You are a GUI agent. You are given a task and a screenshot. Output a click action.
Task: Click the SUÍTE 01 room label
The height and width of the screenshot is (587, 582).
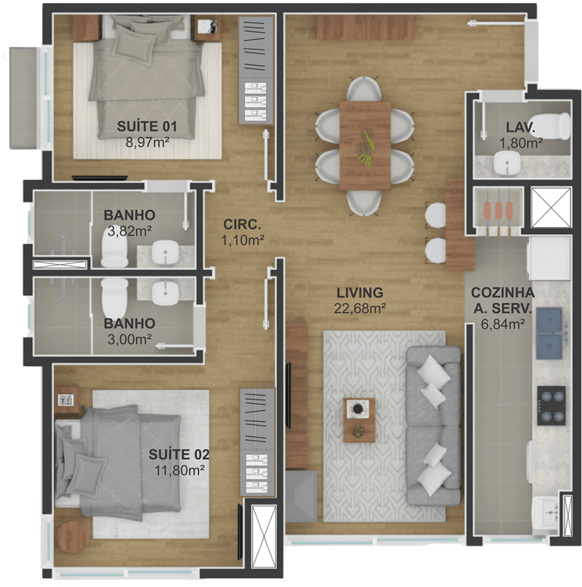147,127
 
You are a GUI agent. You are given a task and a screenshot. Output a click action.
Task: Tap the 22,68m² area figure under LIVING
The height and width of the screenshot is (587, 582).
360,309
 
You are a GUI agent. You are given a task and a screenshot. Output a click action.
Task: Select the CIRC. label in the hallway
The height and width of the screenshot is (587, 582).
242,225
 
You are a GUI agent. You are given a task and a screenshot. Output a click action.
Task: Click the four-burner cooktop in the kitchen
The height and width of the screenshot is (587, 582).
551,405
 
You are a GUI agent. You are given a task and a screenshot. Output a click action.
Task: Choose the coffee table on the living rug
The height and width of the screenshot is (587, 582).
359,420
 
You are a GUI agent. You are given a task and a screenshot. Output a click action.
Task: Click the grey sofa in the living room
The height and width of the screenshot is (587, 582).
433,425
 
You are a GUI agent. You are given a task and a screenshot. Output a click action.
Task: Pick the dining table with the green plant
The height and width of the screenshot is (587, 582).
365,146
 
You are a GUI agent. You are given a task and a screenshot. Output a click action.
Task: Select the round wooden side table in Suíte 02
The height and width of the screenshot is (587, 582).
72,537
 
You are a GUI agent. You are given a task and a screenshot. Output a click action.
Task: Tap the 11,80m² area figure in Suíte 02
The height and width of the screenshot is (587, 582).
180,470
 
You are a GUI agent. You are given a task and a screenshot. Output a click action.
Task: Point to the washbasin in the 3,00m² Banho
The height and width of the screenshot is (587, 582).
165,293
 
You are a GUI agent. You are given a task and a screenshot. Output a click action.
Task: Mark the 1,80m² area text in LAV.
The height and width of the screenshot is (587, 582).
521,142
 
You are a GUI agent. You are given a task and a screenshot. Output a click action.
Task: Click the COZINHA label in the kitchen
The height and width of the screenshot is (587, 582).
502,293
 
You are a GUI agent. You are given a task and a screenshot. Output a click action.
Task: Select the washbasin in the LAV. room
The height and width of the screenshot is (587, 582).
507,164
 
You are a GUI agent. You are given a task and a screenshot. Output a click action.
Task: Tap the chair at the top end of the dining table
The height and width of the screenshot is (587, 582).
364,89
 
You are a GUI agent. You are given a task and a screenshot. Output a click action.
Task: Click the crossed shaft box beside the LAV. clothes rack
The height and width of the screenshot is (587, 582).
551,207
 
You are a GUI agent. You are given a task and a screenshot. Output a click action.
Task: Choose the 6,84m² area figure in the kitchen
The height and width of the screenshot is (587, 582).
502,324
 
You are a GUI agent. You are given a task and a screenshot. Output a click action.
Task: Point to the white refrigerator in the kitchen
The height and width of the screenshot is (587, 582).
548,258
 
